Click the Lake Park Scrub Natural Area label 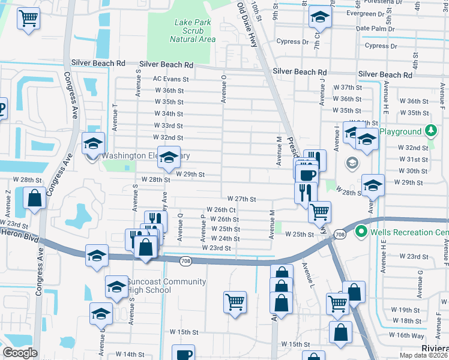tap(192, 31)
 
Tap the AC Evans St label tap(171, 79)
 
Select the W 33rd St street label tap(169, 125)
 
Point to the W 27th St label tap(242, 199)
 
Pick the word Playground tap(400, 131)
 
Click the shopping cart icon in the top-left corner tap(28, 19)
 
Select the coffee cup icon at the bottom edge tap(183, 353)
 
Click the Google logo tap(20, 353)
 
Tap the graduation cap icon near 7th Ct tap(321, 18)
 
